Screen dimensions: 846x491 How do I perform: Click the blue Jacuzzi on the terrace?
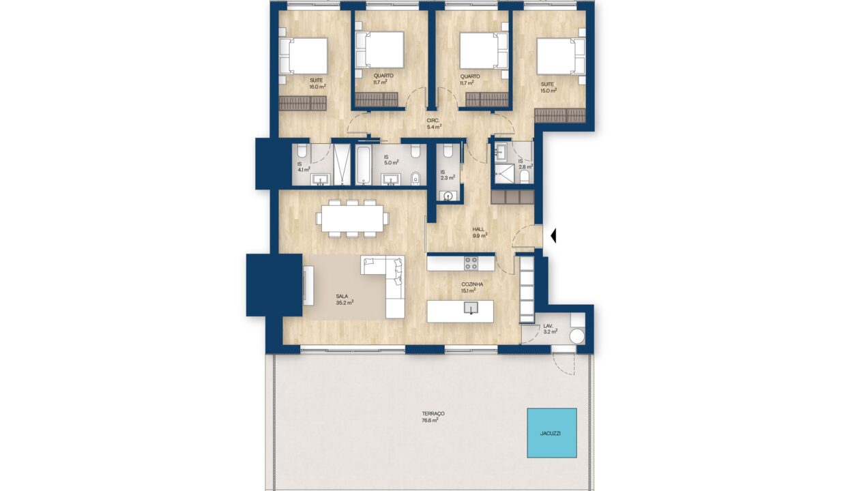point(552,433)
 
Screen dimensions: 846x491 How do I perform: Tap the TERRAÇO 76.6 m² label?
point(431,417)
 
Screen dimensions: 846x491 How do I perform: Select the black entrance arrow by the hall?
point(553,236)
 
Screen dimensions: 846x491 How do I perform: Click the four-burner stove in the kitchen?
point(471,263)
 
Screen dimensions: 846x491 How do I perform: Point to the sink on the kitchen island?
point(471,308)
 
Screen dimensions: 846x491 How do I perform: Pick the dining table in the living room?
point(352,218)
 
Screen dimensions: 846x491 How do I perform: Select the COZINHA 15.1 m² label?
point(471,287)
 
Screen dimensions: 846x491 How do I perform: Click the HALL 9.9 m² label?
point(480,233)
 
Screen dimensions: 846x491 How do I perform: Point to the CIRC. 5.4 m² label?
point(435,124)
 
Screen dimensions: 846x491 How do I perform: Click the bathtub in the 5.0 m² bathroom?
point(364,165)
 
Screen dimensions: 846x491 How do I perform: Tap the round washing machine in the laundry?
point(577,336)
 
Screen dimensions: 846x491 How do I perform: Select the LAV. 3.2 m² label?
point(550,329)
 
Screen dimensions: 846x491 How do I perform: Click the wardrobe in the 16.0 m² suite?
point(302,103)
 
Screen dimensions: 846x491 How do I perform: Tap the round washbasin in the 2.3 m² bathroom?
point(448,196)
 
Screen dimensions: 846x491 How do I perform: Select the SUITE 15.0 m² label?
point(549,87)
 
